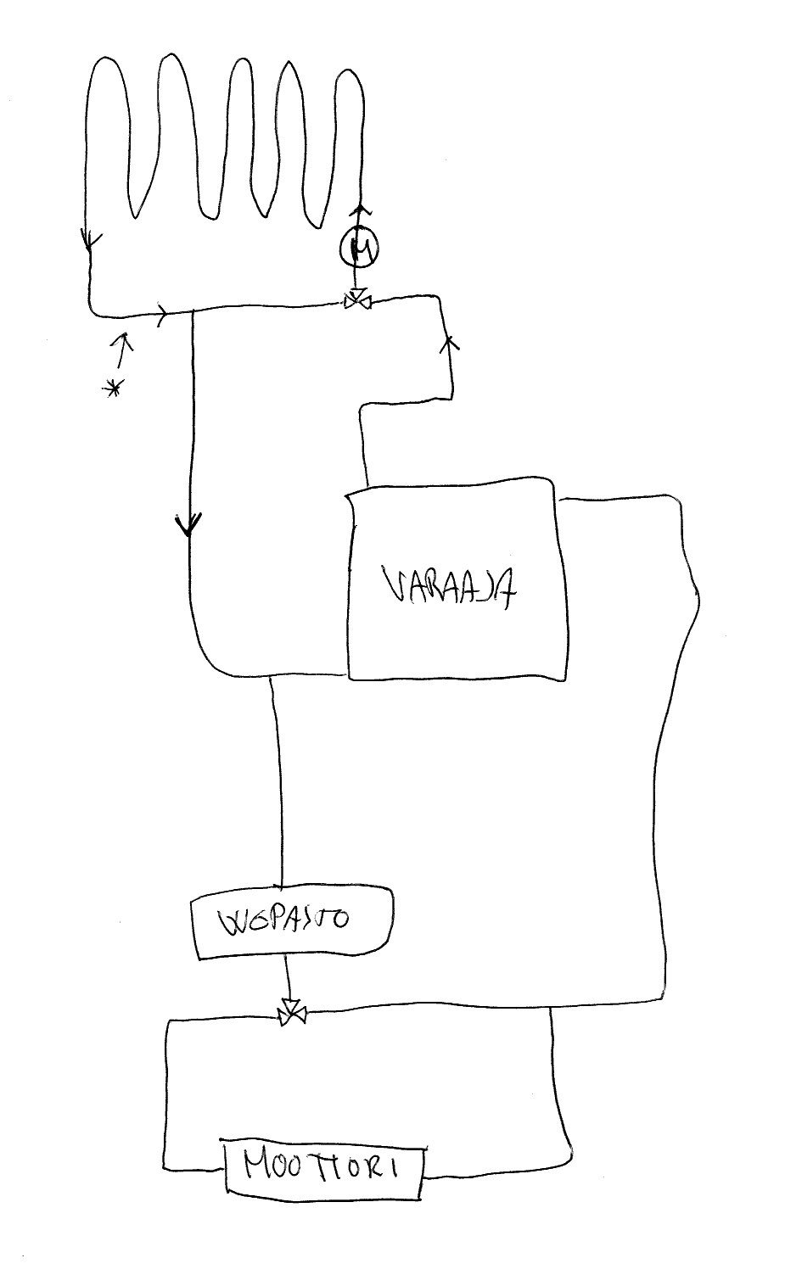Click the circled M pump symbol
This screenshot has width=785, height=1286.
[x=359, y=247]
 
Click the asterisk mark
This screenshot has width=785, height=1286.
[x=111, y=389]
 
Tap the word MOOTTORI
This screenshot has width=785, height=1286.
[x=322, y=1169]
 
